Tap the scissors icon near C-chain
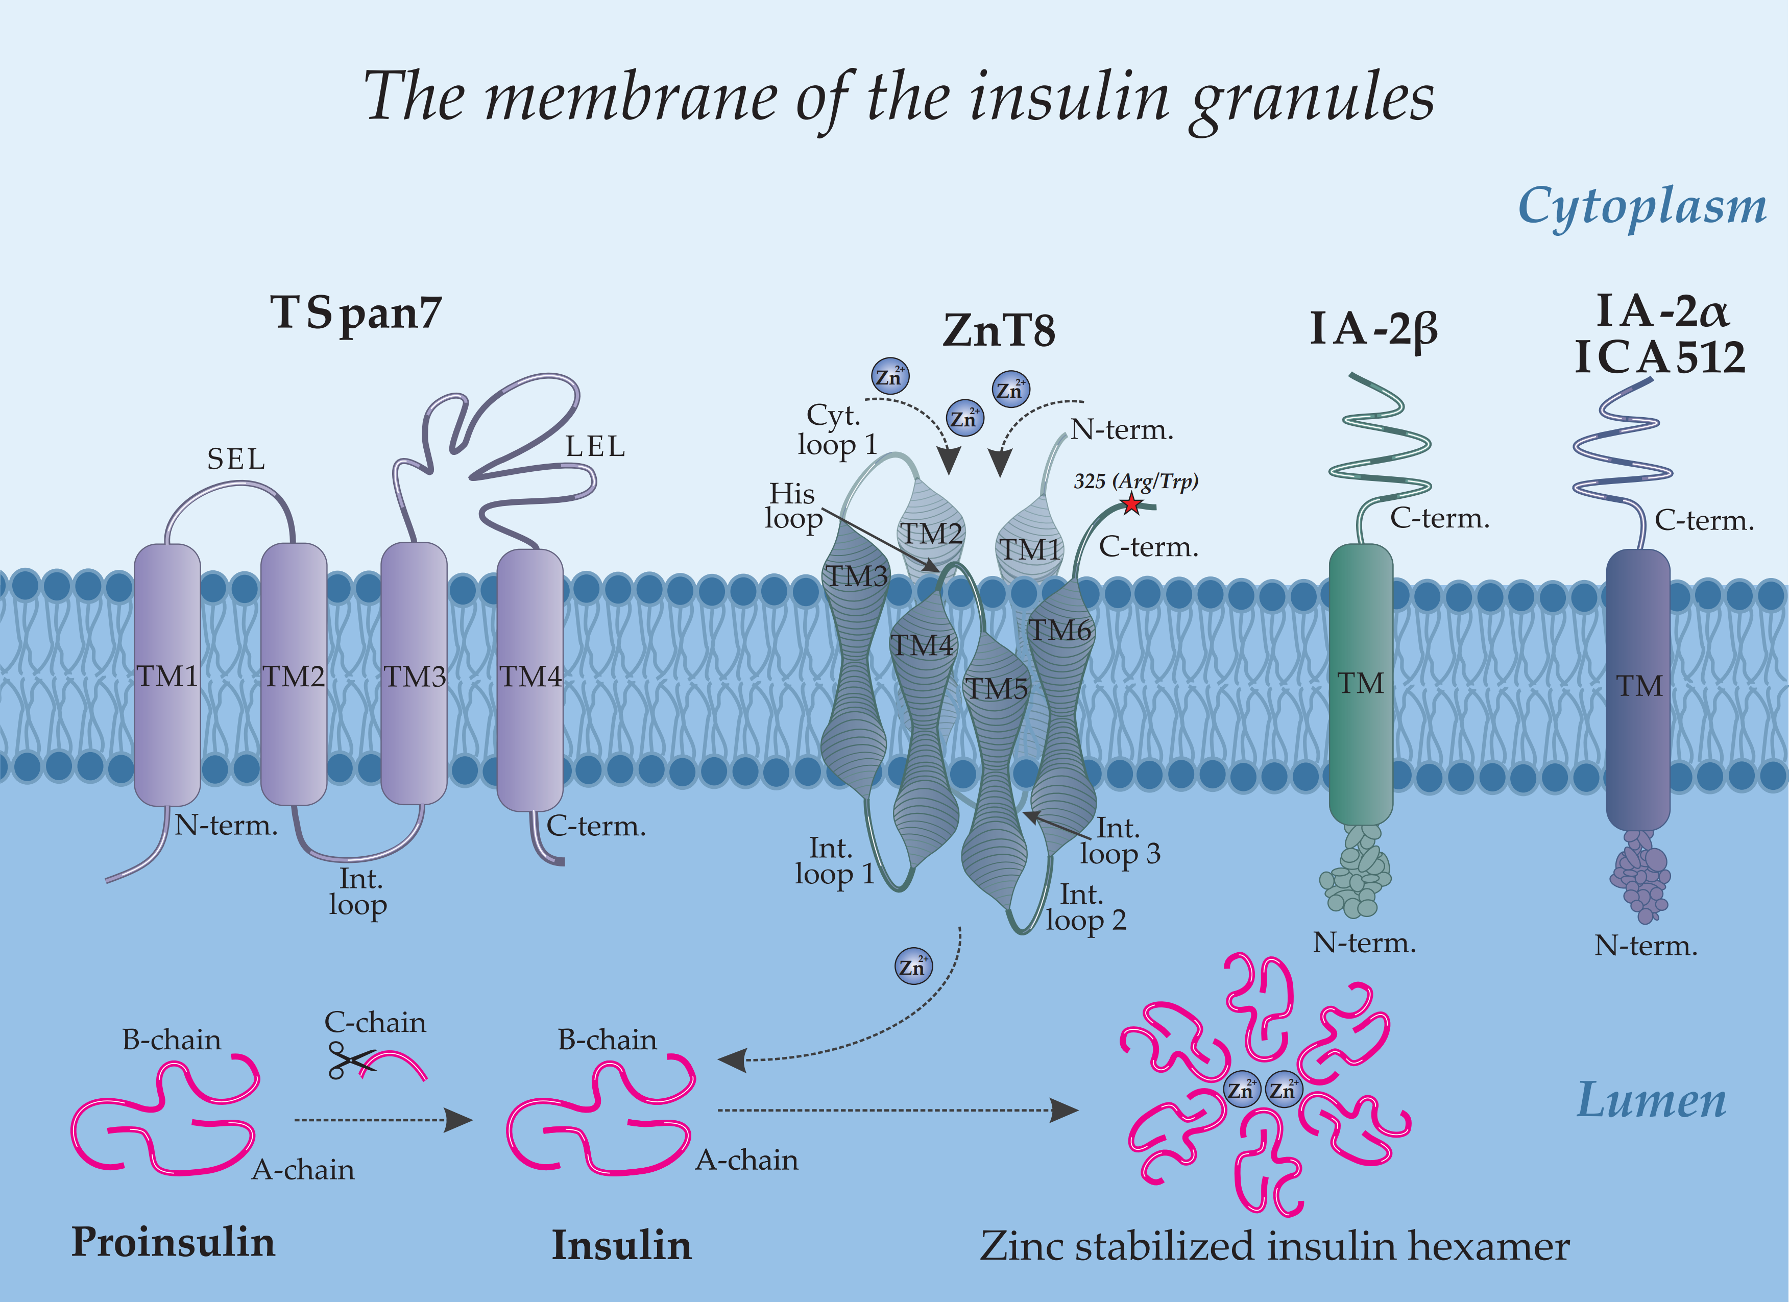click(x=348, y=1060)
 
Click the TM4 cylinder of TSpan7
click(x=530, y=678)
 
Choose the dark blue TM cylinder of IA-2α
click(x=1638, y=686)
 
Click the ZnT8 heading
click(x=999, y=331)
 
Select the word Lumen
click(x=1651, y=1100)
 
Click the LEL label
click(x=595, y=447)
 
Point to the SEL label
click(x=236, y=460)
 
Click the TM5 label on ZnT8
click(x=997, y=689)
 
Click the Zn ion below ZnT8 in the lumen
click(x=913, y=966)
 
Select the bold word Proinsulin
click(x=174, y=1242)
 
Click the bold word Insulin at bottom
click(x=621, y=1245)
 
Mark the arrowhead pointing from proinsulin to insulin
click(x=457, y=1120)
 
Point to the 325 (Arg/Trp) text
click(x=1136, y=481)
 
